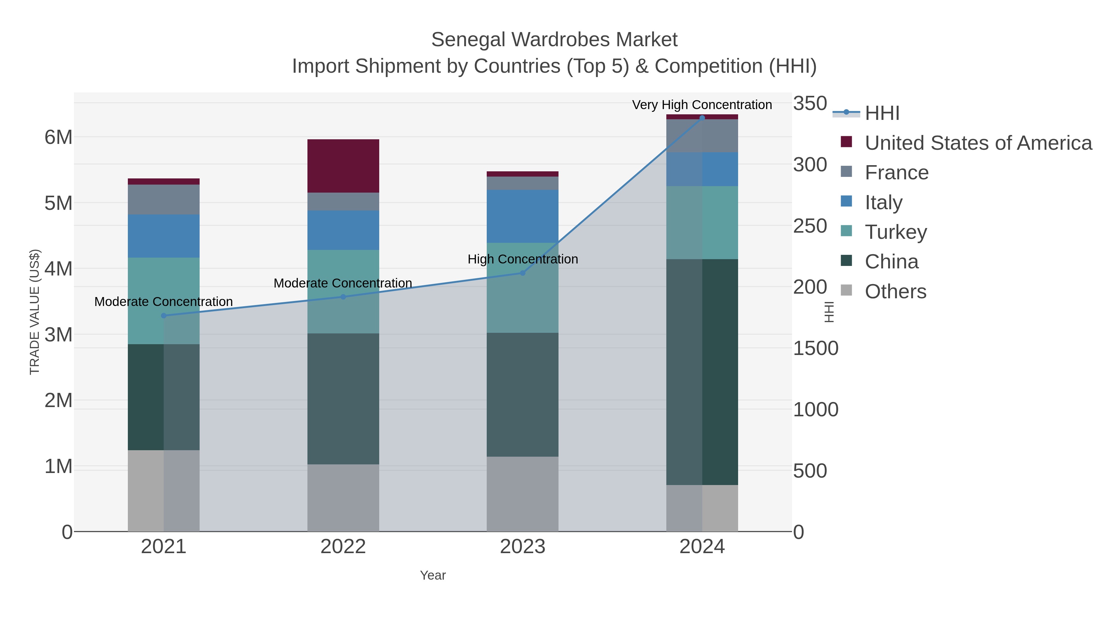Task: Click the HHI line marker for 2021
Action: pyautogui.click(x=164, y=316)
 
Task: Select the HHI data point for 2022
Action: pyautogui.click(x=343, y=297)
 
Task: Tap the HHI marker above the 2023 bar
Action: pyautogui.click(x=523, y=273)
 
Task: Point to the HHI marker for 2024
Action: pyautogui.click(x=702, y=118)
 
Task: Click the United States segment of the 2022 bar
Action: pyautogui.click(x=343, y=166)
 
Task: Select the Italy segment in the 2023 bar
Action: pyautogui.click(x=523, y=216)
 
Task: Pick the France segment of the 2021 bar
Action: pyautogui.click(x=164, y=199)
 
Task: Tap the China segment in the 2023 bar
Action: pyautogui.click(x=523, y=394)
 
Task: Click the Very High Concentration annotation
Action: pyautogui.click(x=702, y=105)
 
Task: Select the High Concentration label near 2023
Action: pyautogui.click(x=523, y=259)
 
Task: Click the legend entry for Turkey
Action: pyautogui.click(x=896, y=232)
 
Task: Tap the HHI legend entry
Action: pyautogui.click(x=882, y=113)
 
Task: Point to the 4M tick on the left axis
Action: pyautogui.click(x=59, y=269)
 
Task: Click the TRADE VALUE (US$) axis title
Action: pyautogui.click(x=35, y=312)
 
